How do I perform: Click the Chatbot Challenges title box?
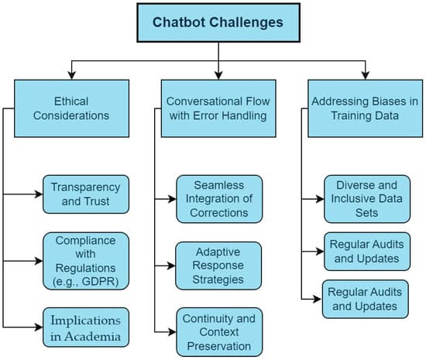click(x=219, y=22)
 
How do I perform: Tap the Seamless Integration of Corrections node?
click(x=218, y=199)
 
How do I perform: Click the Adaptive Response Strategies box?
click(x=218, y=265)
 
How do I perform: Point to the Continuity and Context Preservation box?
click(x=218, y=330)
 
